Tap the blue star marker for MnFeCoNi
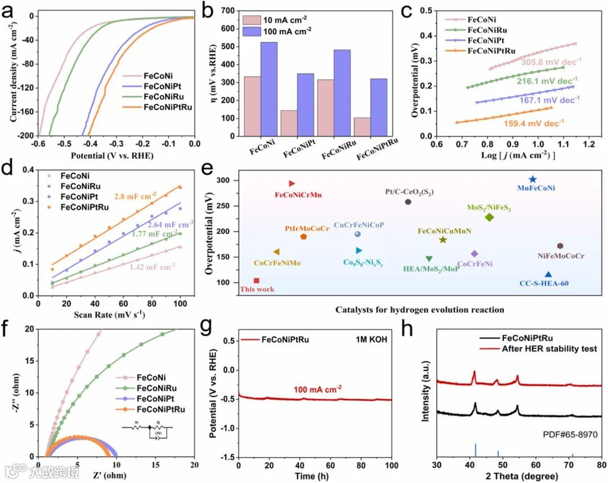click(x=533, y=179)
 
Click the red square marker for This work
click(x=257, y=280)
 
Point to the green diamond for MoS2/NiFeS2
click(x=489, y=217)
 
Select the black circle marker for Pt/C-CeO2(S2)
click(x=408, y=202)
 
